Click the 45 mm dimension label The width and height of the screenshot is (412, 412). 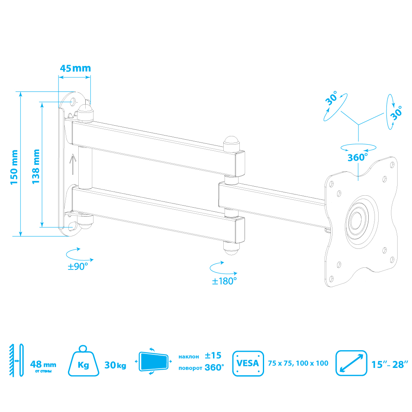(75, 68)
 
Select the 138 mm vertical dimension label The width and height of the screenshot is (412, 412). (36, 166)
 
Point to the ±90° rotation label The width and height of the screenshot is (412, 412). (78, 267)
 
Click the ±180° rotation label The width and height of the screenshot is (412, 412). (224, 281)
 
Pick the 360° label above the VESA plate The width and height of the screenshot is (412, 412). (357, 157)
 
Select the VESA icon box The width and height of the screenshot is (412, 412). (248, 363)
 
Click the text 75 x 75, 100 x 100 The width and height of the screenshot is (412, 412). (298, 363)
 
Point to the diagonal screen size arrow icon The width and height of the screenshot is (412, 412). (351, 363)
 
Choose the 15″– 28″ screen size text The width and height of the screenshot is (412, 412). (389, 364)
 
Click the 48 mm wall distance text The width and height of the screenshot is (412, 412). (43, 365)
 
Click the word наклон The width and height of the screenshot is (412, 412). (189, 356)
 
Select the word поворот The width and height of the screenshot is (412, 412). (190, 368)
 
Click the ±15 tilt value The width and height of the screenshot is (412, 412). (213, 356)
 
